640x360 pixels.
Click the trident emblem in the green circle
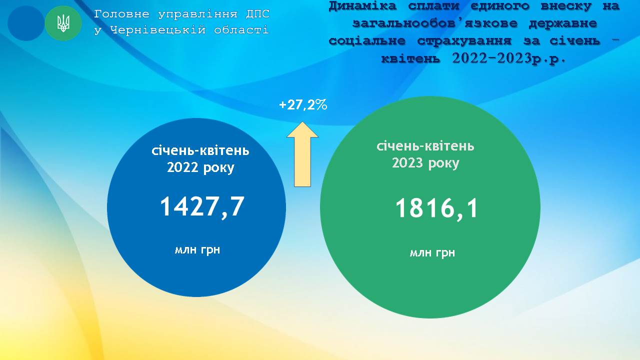tap(63, 23)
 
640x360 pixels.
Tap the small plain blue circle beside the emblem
tap(26, 23)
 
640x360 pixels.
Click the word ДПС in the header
tap(257, 14)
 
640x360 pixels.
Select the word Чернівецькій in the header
tap(157, 29)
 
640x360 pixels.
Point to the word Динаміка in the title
tap(362, 6)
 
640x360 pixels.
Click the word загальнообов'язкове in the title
tap(435, 23)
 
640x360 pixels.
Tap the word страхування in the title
tap(464, 41)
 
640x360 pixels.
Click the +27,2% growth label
tap(303, 105)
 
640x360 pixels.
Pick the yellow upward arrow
tap(302, 154)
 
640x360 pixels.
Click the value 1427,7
tap(202, 207)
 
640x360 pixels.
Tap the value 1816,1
tap(437, 209)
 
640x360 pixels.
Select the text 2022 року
tap(200, 167)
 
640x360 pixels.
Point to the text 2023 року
tap(425, 163)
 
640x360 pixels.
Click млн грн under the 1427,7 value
tap(197, 249)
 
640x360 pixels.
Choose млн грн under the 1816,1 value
tap(432, 252)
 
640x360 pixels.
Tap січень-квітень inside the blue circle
tap(200, 150)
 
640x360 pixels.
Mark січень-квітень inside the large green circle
tap(425, 146)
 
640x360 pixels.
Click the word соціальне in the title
tap(367, 41)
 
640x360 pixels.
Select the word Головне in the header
tap(121, 14)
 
